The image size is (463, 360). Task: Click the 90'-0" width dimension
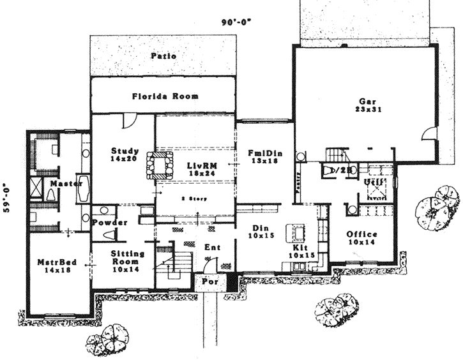236,22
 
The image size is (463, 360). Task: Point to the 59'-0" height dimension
7,199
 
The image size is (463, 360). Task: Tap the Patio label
163,56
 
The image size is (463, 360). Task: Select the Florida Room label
165,96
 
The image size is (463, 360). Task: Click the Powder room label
110,223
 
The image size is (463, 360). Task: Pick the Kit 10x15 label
300,251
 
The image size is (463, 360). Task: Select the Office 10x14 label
361,238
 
